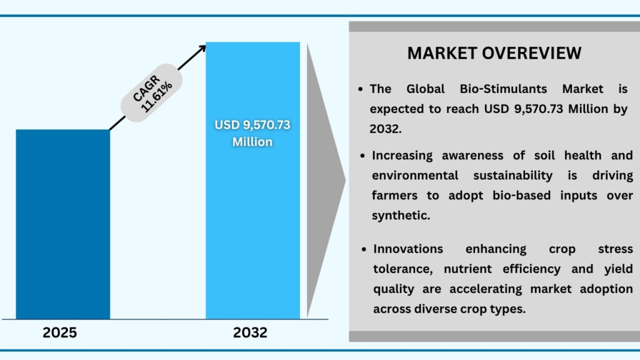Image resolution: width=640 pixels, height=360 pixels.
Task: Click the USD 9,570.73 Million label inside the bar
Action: [x=252, y=133]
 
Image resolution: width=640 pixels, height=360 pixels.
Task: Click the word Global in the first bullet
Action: [x=421, y=89]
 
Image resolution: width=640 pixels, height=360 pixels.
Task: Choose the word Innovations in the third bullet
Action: [x=408, y=249]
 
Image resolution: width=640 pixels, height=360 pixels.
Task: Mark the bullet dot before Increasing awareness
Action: [x=364, y=156]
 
